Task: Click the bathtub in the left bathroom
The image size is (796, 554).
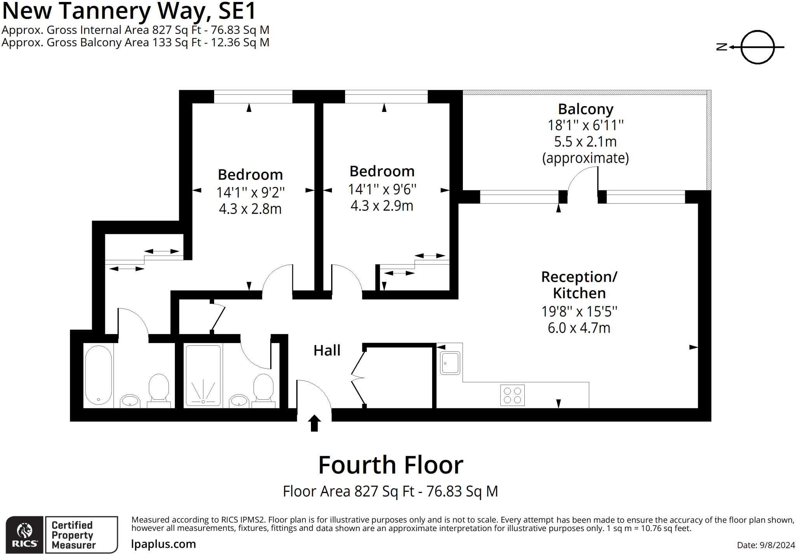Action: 98,375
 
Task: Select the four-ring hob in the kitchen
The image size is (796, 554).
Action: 512,395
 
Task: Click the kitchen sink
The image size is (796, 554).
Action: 450,363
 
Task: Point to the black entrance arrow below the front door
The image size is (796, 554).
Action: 314,423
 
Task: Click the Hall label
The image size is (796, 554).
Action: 327,350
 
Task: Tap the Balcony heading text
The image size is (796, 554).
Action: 585,109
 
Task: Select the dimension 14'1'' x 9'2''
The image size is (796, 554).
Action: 250,192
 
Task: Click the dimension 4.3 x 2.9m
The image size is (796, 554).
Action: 382,206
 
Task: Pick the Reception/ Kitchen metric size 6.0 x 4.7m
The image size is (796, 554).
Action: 579,328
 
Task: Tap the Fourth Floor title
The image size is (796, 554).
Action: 391,465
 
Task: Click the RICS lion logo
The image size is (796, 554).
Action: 24,534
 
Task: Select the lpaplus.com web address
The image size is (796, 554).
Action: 163,544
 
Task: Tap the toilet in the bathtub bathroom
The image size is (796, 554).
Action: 159,388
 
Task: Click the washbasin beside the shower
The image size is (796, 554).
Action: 239,401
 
